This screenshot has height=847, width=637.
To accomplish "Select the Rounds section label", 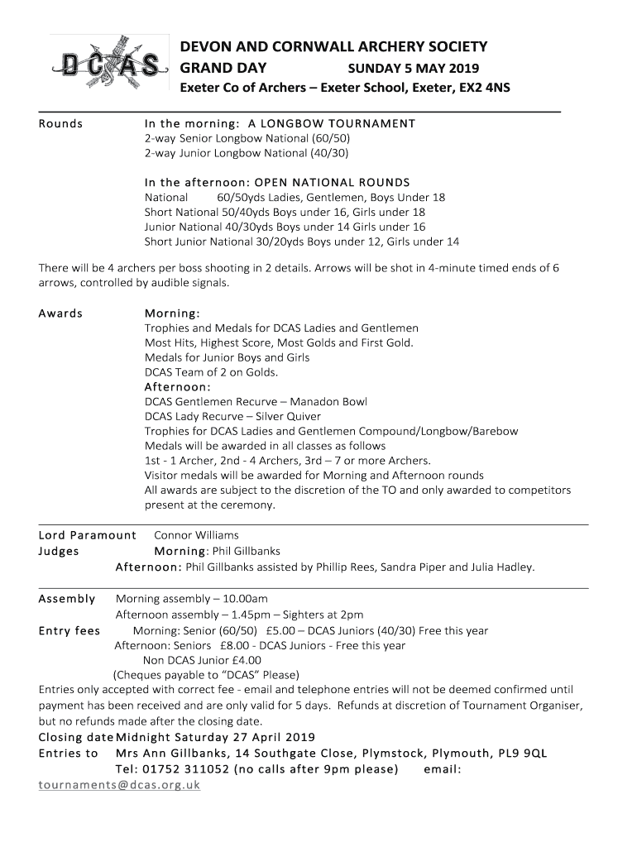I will pyautogui.click(x=61, y=124).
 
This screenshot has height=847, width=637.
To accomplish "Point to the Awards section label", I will pyautogui.click(x=61, y=313).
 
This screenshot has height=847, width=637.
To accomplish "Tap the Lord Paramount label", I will pyautogui.click(x=87, y=535).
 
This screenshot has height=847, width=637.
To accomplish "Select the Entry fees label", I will pyautogui.click(x=69, y=631).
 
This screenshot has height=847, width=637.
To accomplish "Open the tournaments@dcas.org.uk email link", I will pyautogui.click(x=119, y=785).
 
